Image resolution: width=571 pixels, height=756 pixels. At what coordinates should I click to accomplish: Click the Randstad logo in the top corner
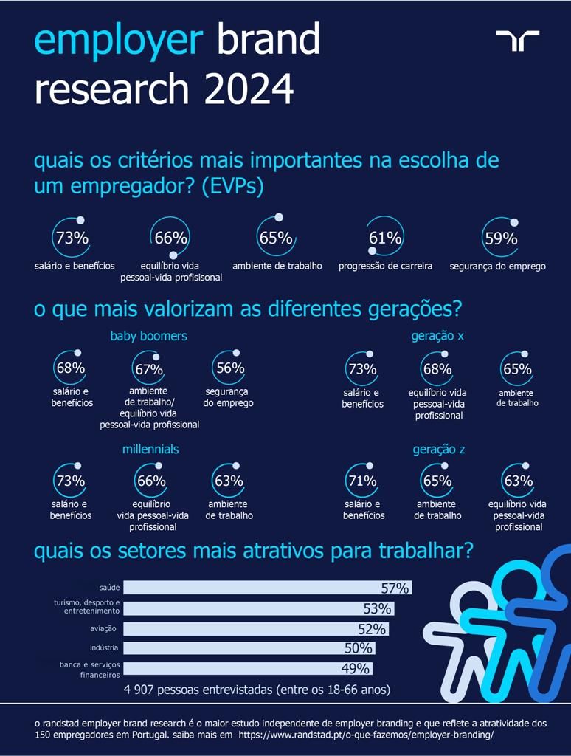click(517, 41)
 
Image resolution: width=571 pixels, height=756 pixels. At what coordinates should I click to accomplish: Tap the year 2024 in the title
click(249, 90)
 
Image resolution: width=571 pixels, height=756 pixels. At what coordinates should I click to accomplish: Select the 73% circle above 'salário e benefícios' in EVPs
click(72, 238)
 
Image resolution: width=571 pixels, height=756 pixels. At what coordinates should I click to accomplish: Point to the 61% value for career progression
click(385, 238)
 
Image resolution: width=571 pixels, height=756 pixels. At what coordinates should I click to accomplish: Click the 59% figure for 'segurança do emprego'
click(500, 238)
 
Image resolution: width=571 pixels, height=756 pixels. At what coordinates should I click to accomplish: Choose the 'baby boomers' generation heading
click(148, 336)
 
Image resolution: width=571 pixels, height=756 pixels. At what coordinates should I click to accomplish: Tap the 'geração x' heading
click(437, 336)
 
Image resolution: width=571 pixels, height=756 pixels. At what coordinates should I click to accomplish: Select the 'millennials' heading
click(150, 449)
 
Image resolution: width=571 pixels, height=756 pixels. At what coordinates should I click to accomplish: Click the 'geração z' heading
click(438, 449)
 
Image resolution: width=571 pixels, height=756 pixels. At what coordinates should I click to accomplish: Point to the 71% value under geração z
click(361, 481)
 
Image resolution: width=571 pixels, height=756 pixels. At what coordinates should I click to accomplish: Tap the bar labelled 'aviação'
click(255, 629)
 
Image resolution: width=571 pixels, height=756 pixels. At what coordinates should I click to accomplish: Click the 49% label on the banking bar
click(355, 668)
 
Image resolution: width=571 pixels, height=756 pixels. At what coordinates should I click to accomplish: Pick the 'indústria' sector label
click(104, 648)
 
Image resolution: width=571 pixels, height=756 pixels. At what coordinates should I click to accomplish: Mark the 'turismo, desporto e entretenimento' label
click(87, 608)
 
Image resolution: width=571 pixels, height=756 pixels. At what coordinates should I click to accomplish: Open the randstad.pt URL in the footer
click(366, 736)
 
